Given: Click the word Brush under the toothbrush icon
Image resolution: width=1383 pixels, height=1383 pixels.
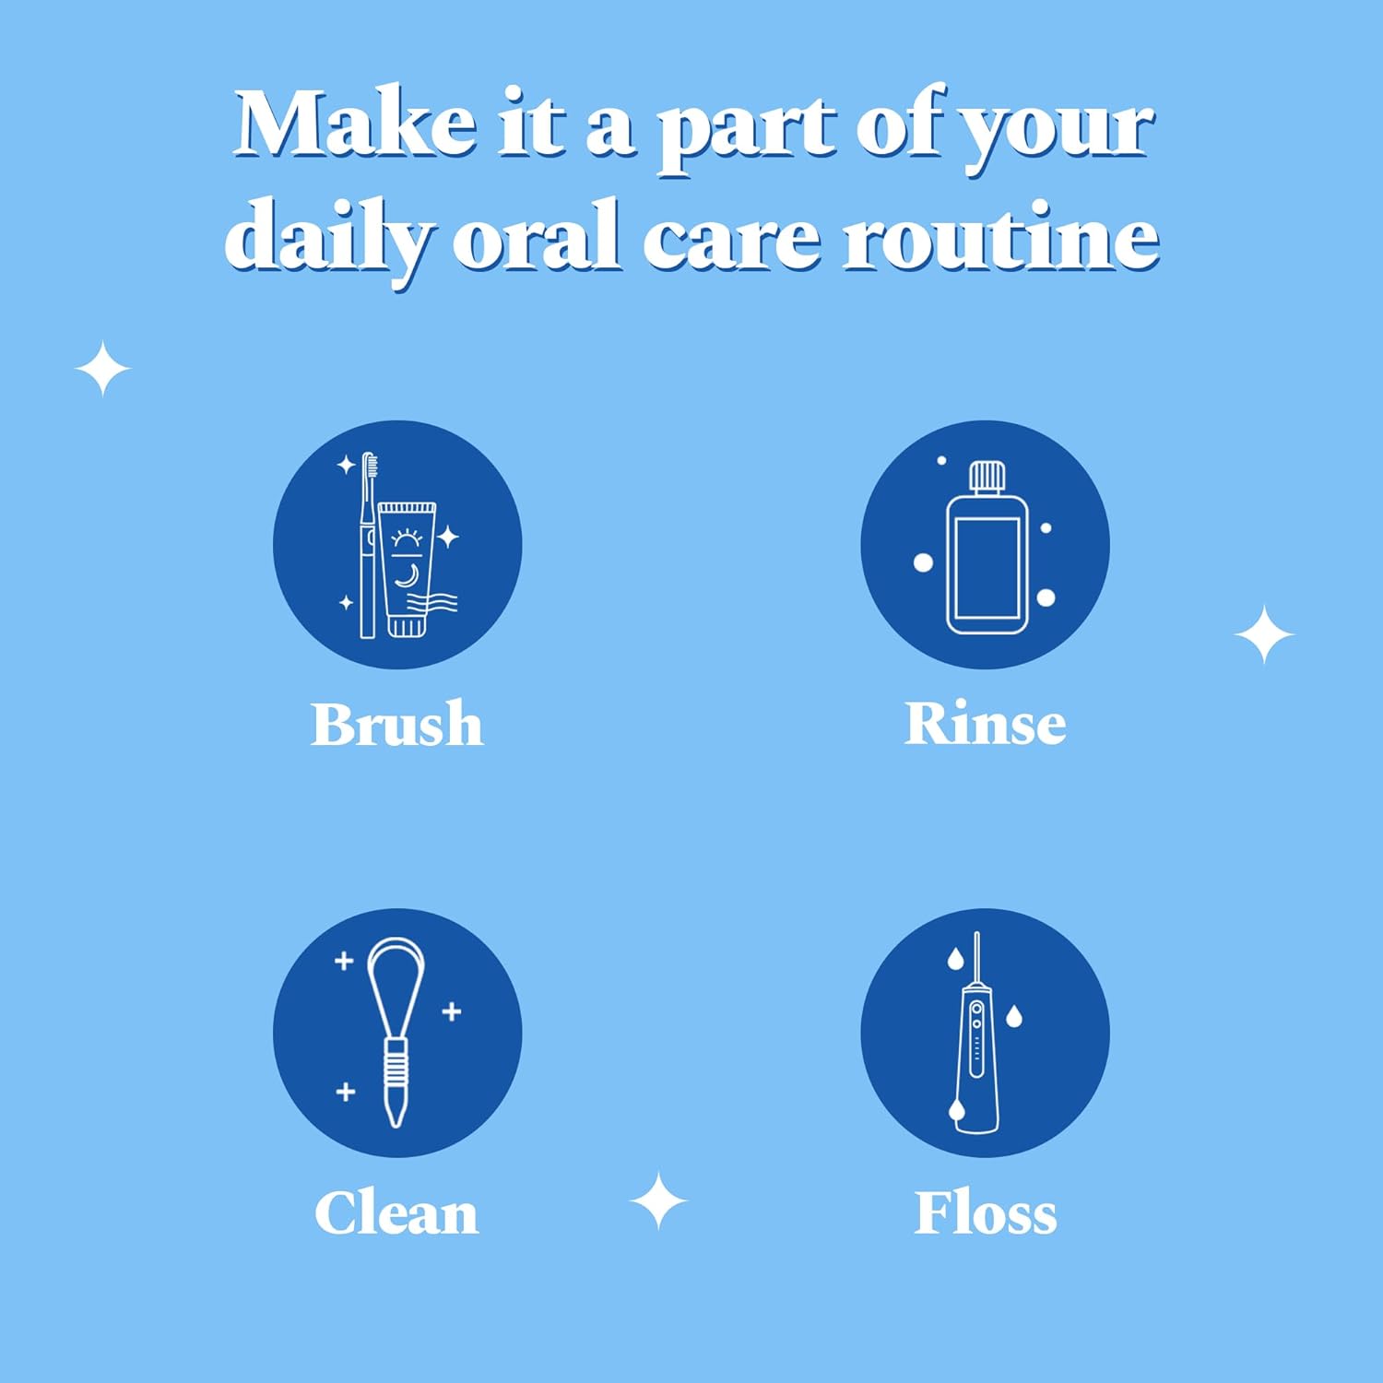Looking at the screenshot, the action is pyautogui.click(x=397, y=724).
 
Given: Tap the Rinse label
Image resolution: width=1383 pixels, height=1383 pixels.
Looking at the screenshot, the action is pyautogui.click(x=986, y=724).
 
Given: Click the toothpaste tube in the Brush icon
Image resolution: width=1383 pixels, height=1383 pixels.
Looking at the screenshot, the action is pyautogui.click(x=406, y=569).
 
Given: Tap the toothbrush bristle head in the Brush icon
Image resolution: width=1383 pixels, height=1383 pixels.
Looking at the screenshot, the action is pyautogui.click(x=370, y=474).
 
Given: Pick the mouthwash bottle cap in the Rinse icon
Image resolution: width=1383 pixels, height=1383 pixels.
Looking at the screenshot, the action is pyautogui.click(x=986, y=476).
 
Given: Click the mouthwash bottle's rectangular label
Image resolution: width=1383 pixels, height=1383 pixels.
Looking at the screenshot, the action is pyautogui.click(x=987, y=569).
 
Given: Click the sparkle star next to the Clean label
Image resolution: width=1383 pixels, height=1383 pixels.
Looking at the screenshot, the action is pyautogui.click(x=658, y=1201).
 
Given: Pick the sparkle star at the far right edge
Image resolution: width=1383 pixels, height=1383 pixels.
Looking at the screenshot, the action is pyautogui.click(x=1264, y=634).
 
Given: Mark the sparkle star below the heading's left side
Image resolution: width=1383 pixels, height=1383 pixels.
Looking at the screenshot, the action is pyautogui.click(x=102, y=369).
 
